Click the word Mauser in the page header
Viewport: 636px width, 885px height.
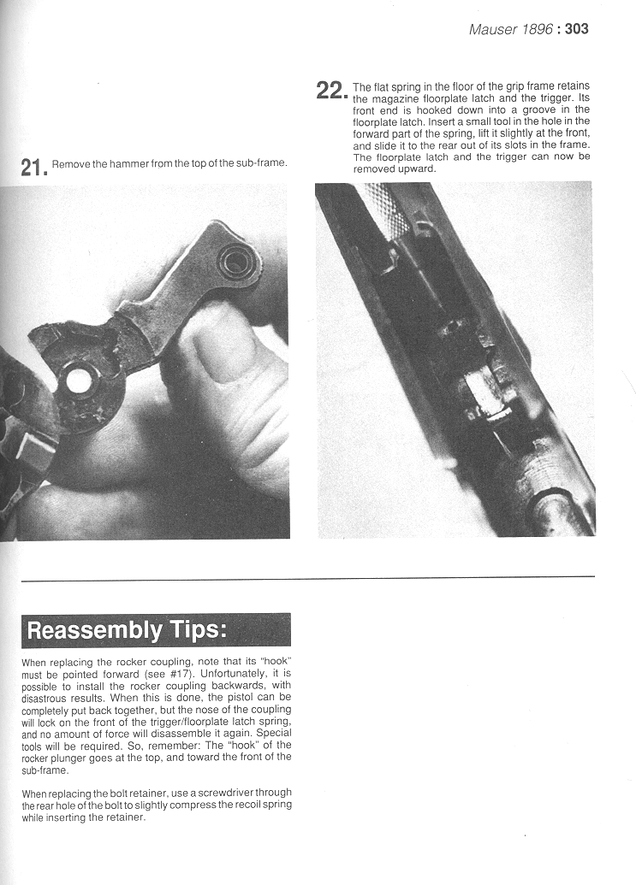(492, 29)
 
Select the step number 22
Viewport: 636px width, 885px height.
(330, 91)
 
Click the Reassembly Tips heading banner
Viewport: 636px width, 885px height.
(127, 630)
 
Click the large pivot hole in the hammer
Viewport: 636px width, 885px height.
(78, 381)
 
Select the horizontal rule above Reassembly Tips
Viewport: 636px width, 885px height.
(307, 578)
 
